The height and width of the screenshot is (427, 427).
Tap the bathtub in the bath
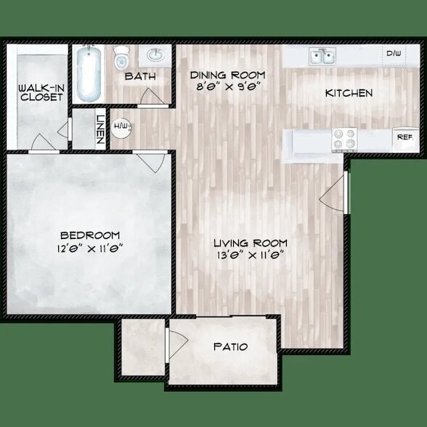[89, 74]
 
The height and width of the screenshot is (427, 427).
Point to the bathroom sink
[155, 54]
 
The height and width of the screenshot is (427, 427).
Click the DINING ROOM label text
[227, 75]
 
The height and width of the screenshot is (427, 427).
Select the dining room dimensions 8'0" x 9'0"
[227, 86]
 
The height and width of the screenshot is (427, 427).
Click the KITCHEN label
[349, 93]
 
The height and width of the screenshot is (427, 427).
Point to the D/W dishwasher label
[394, 54]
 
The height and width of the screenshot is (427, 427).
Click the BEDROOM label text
[90, 235]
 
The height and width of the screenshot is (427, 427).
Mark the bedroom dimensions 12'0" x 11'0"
[90, 247]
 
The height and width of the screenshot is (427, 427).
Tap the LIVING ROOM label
[250, 243]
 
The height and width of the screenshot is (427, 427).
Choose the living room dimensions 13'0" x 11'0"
[250, 254]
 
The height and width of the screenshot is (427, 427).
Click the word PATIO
[230, 346]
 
